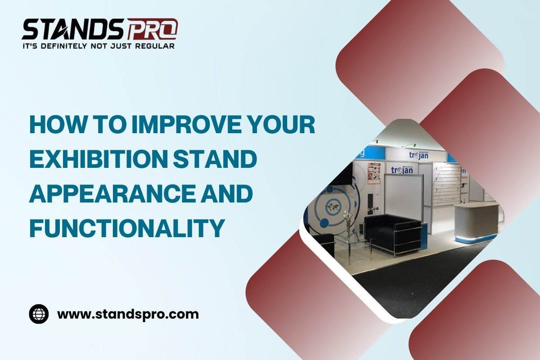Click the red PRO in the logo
tap(153, 29)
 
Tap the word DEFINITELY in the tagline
tap(63, 46)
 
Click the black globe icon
tap(39, 314)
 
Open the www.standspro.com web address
tap(128, 315)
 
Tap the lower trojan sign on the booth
tap(402, 170)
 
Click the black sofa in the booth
tap(392, 234)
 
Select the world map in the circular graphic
tap(333, 207)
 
